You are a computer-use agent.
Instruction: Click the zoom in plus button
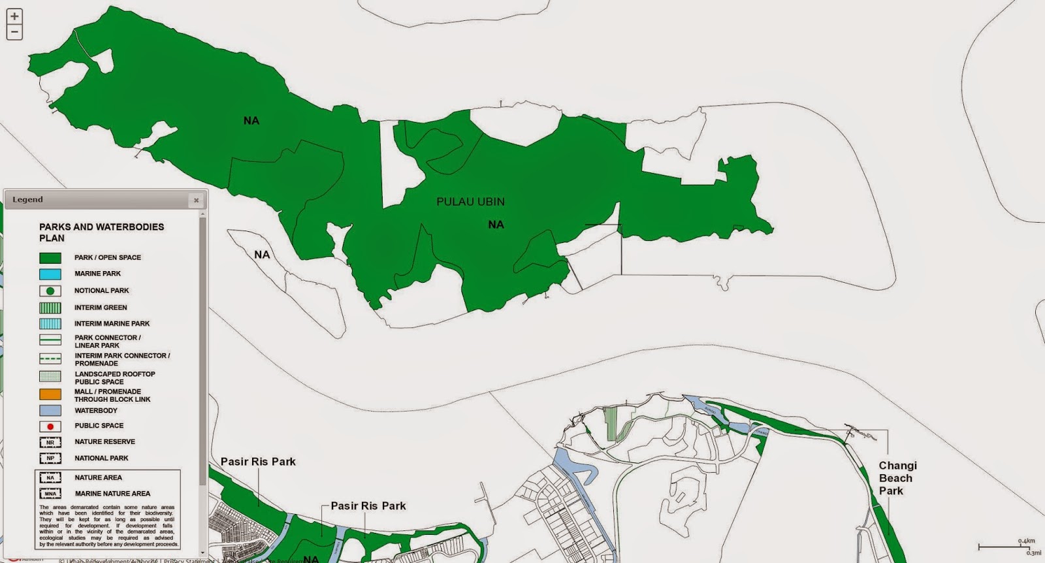click(x=14, y=16)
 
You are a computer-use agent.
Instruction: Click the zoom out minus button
click(x=14, y=31)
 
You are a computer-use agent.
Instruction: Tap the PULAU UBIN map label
click(x=470, y=202)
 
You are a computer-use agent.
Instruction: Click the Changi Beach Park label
click(x=897, y=478)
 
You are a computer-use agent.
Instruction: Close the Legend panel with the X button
click(x=196, y=201)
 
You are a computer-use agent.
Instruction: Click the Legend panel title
click(x=27, y=200)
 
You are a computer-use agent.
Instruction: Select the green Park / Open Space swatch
click(x=50, y=258)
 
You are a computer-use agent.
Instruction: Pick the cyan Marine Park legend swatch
click(x=50, y=274)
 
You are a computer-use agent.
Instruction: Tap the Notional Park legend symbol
click(x=50, y=291)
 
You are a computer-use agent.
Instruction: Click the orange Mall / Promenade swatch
click(x=50, y=394)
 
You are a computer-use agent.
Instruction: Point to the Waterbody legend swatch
click(x=50, y=411)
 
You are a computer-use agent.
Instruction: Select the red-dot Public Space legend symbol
click(x=50, y=426)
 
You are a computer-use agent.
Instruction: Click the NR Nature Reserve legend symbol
click(x=50, y=442)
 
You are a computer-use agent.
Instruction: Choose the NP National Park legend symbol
click(x=50, y=458)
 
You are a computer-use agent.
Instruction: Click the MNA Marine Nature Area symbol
click(x=50, y=494)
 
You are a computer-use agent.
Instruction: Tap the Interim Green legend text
click(x=101, y=308)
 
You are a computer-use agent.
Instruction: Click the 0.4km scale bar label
click(x=1026, y=541)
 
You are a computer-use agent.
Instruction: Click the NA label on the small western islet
click(x=262, y=255)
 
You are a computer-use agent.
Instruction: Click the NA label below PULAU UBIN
click(x=496, y=225)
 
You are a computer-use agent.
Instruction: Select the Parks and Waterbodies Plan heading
click(x=101, y=233)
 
